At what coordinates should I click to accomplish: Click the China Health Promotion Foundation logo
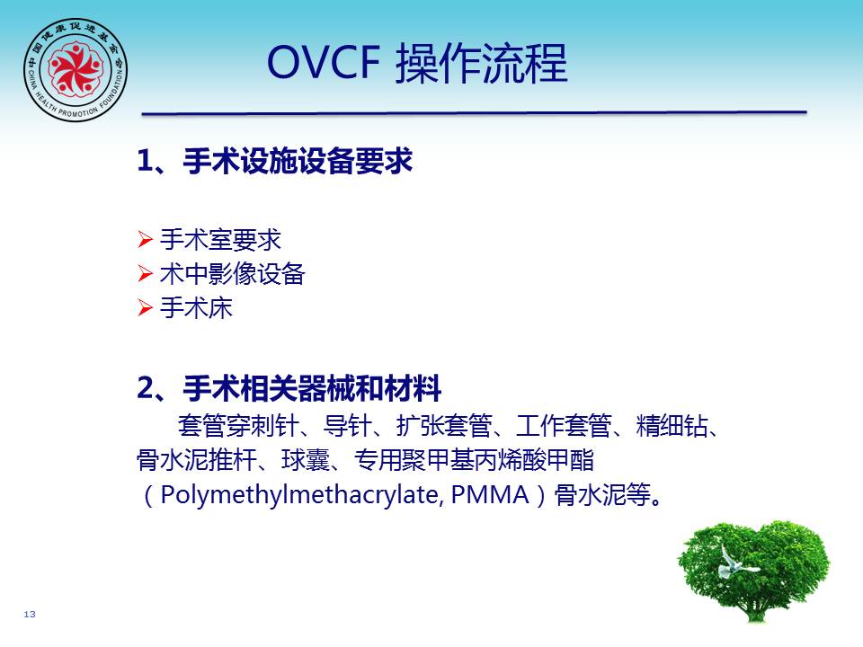(76, 69)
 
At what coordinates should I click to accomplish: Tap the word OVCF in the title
(324, 62)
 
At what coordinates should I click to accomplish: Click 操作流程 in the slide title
(482, 63)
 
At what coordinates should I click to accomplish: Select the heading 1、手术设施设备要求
(275, 161)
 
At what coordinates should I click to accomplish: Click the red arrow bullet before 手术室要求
(145, 240)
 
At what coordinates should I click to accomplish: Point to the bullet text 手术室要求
(221, 240)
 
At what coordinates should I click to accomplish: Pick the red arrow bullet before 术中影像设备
(145, 273)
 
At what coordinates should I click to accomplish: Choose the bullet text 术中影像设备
(232, 273)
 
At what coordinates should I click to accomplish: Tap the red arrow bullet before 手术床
(145, 307)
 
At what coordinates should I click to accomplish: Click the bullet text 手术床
(196, 307)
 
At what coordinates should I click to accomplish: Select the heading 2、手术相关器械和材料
(289, 388)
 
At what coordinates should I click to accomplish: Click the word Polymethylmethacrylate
(299, 494)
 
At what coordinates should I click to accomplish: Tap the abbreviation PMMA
(490, 494)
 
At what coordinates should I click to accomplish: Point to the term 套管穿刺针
(238, 425)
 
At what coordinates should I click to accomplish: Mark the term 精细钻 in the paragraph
(672, 425)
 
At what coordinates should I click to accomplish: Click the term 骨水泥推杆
(197, 460)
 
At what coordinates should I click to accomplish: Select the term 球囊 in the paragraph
(306, 460)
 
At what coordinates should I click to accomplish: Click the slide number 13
(30, 614)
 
